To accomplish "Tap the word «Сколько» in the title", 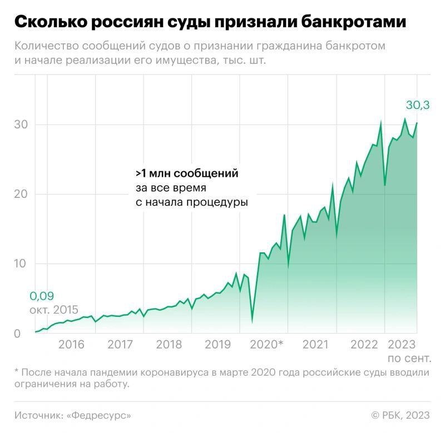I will [x=52, y=23].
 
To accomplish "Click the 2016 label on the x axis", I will [x=71, y=345].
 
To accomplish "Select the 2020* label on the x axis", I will [x=267, y=345].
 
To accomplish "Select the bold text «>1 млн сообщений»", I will [x=187, y=173].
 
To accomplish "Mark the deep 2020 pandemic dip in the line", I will [x=252, y=320].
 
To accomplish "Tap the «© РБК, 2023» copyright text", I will [x=400, y=415].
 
